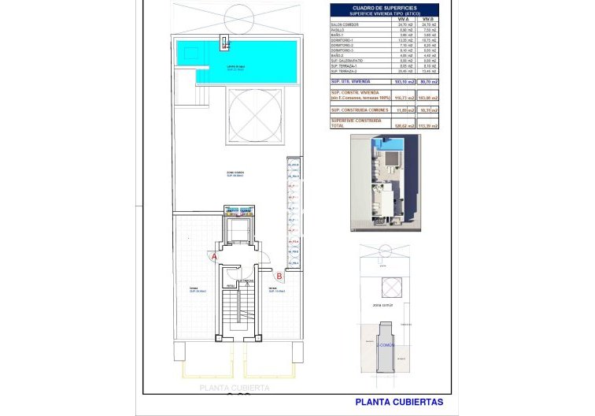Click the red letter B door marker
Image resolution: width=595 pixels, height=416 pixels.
(x=279, y=275)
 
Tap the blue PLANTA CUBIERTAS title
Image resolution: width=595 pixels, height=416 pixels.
(x=398, y=402)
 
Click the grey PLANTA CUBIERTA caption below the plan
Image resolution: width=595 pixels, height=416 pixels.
(x=235, y=388)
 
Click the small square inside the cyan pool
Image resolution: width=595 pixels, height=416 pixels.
(x=224, y=44)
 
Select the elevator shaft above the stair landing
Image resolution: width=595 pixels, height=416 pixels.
(x=236, y=230)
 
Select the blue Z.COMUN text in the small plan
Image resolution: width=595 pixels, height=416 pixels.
(x=386, y=344)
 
